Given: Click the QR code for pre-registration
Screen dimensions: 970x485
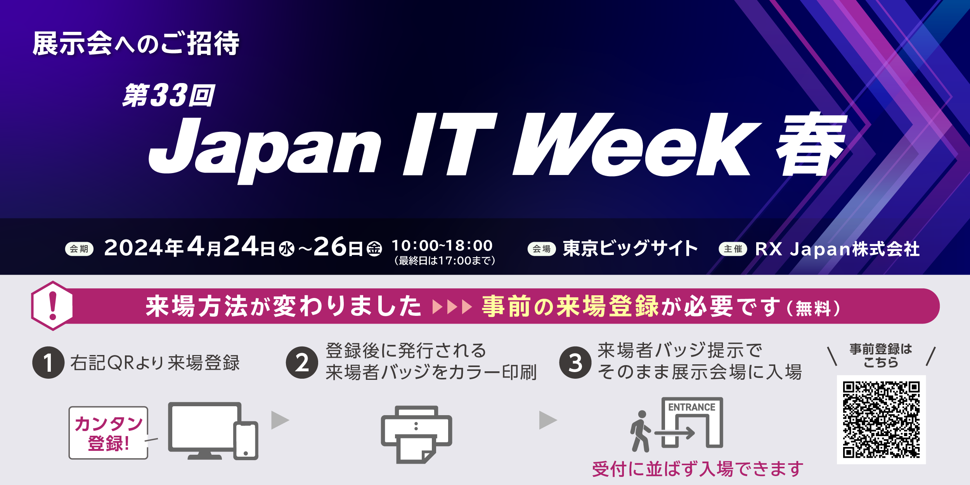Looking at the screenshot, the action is pyautogui.click(x=881, y=420).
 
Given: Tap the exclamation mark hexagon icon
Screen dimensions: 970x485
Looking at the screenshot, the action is pyautogui.click(x=52, y=306).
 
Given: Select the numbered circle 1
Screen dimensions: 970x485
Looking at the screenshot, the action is pyautogui.click(x=48, y=362).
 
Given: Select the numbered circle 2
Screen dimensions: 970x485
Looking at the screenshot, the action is pyautogui.click(x=302, y=362).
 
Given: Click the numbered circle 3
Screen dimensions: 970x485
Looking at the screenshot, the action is pyautogui.click(x=575, y=362).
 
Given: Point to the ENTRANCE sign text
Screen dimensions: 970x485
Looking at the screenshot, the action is pyautogui.click(x=692, y=407).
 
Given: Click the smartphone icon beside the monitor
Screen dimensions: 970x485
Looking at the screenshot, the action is pyautogui.click(x=246, y=440).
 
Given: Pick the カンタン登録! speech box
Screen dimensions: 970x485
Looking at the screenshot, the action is pyautogui.click(x=109, y=433).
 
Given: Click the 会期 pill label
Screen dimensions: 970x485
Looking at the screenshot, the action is pyautogui.click(x=79, y=249).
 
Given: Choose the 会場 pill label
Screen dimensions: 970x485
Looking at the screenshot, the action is pyautogui.click(x=542, y=249).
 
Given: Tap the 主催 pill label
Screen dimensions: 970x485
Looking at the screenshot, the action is pyautogui.click(x=733, y=249).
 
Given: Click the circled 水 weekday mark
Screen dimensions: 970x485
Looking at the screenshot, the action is pyautogui.click(x=287, y=249).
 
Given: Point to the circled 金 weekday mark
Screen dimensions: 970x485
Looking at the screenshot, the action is pyautogui.click(x=374, y=249).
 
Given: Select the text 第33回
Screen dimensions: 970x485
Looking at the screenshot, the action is pyautogui.click(x=169, y=95).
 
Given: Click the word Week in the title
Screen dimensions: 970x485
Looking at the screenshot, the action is pyautogui.click(x=636, y=144).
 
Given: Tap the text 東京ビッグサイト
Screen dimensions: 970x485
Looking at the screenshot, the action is pyautogui.click(x=630, y=248).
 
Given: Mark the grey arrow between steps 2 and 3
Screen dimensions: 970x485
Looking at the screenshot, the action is pyautogui.click(x=548, y=420).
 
